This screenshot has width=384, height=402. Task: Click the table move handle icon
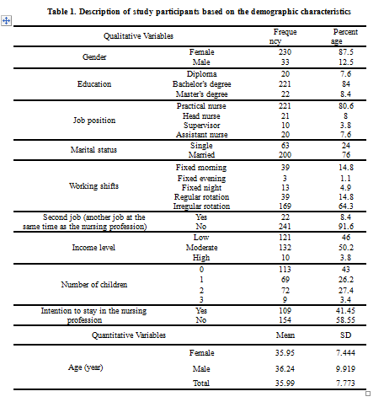point(6,21)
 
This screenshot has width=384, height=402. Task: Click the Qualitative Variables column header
point(138,36)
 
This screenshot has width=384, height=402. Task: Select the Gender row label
point(94,57)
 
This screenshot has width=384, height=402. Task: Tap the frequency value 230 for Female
point(285,52)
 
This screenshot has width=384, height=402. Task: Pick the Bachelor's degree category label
point(201,84)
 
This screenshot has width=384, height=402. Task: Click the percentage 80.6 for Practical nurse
point(346,106)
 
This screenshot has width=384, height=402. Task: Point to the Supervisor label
point(201,126)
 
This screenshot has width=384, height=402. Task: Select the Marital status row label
point(93,150)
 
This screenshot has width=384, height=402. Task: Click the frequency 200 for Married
point(285,155)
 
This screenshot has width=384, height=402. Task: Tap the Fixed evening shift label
point(201,179)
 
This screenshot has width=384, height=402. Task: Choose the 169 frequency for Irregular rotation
point(285,206)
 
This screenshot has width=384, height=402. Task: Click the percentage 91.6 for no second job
point(346,227)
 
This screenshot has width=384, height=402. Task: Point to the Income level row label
point(93,248)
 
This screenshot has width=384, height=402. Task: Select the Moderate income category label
point(201,248)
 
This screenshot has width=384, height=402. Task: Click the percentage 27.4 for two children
point(346,290)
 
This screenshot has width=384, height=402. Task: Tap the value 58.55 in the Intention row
point(346,320)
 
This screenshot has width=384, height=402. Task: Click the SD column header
point(346,335)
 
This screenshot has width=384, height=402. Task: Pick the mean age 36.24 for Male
point(285,368)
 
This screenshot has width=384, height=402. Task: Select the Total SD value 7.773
point(346,383)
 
